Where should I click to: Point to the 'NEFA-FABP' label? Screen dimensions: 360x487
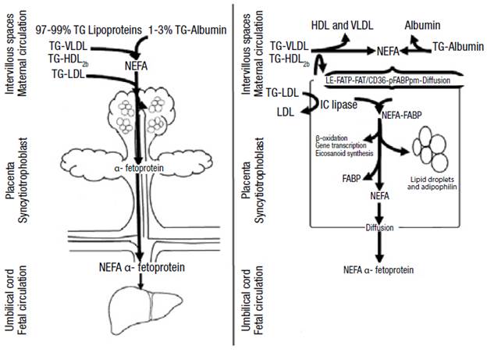(x=403, y=114)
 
